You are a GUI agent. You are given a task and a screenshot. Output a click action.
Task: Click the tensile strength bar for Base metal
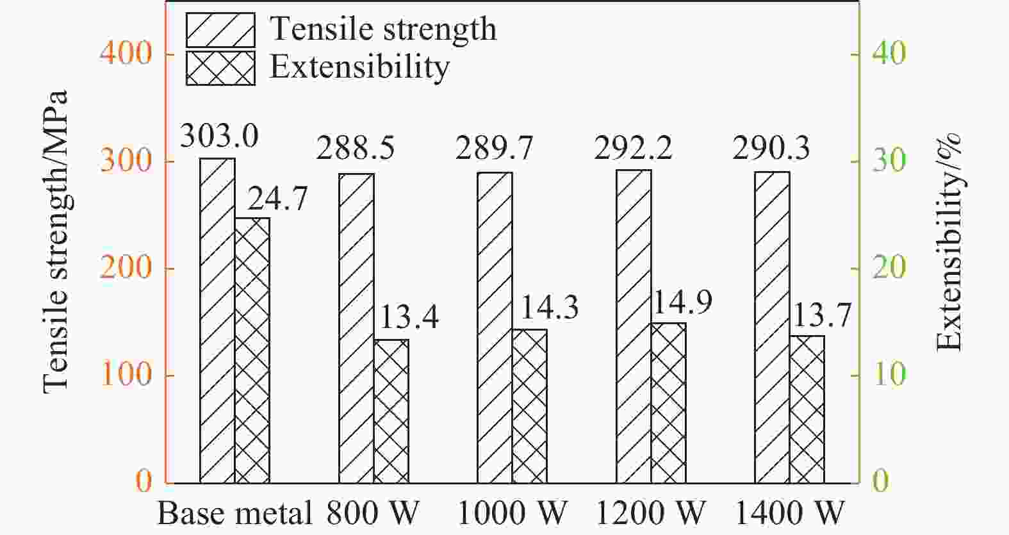(217, 320)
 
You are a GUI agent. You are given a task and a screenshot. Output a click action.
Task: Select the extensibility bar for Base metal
(252, 350)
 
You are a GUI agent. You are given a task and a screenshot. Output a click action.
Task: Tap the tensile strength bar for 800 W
(356, 328)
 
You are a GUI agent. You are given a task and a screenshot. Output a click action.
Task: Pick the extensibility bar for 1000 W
(529, 406)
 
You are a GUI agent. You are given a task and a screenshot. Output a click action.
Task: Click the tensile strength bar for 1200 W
(634, 326)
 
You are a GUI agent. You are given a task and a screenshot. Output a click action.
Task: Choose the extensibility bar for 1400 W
(807, 409)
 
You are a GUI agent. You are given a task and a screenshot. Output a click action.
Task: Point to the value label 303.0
(219, 136)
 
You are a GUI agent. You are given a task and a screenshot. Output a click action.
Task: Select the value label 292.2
(633, 149)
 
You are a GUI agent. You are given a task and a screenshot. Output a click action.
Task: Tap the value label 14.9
(682, 302)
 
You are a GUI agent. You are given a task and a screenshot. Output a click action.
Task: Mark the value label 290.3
(771, 149)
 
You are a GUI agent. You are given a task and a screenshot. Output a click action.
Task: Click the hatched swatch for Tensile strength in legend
(220, 30)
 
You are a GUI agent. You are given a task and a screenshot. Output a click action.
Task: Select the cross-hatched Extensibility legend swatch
(220, 68)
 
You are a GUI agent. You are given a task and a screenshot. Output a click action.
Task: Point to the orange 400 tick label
(126, 53)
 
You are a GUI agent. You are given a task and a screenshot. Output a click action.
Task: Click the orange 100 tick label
(126, 375)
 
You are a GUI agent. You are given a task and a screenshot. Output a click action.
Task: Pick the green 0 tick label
(881, 481)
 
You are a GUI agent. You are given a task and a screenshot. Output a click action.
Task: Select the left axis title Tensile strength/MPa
(56, 242)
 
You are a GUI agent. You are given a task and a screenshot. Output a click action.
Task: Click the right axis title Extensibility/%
(949, 242)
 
